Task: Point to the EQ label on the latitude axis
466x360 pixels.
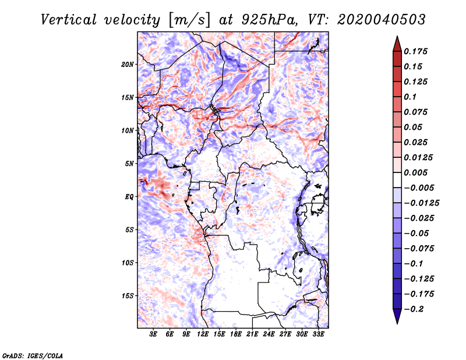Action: coord(130,197)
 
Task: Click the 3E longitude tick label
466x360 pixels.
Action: coord(154,334)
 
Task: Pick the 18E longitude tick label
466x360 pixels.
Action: coord(236,334)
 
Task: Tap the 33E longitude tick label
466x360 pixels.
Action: coord(318,334)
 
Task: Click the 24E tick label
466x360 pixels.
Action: coord(269,334)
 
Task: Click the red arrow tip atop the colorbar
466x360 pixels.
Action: coord(396,41)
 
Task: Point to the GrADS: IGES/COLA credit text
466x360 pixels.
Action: coord(32,355)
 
